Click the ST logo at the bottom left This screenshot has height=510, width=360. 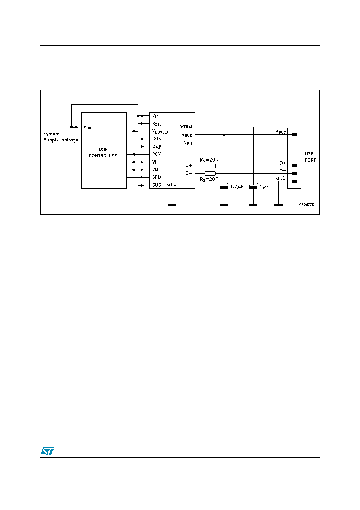tap(48, 451)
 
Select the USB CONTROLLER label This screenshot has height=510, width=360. tap(103, 153)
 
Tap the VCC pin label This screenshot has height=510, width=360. tap(88, 127)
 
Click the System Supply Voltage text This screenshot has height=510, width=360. tap(61, 137)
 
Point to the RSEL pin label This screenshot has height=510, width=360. tap(157, 124)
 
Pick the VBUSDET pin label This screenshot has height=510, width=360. tap(161, 132)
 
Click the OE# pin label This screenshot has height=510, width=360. tap(157, 147)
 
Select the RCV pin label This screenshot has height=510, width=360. tap(157, 154)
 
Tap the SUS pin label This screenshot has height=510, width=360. tap(157, 185)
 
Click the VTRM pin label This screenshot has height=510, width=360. tap(186, 127)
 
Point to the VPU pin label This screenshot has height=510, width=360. tap(188, 143)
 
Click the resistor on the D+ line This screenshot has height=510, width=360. tap(210, 166)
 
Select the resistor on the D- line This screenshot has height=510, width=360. tap(210, 174)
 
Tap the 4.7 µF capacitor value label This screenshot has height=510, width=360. tap(237, 187)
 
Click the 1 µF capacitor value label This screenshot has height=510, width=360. tap(264, 187)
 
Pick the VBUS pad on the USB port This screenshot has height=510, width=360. tap(294, 135)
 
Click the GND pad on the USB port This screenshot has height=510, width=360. tap(294, 181)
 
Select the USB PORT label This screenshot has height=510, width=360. tap(310, 157)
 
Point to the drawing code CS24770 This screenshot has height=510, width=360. tap(306, 205)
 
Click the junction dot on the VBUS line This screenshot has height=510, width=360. tap(224, 135)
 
